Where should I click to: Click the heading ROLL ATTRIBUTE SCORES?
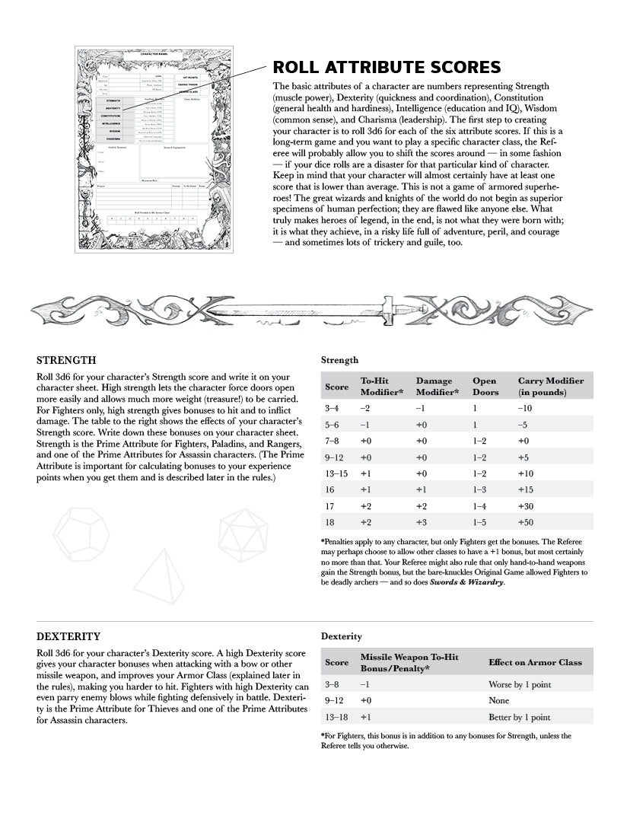coord(387,68)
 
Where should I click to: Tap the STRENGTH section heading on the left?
coord(66,360)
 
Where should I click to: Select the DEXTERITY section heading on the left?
coord(68,636)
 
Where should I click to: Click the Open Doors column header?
coord(485,387)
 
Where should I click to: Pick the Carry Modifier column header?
coord(551,387)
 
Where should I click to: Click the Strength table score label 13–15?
coord(337,473)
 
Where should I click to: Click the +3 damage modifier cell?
coord(422,523)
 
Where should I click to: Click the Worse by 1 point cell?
coord(520,684)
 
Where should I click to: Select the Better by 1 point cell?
coord(519,717)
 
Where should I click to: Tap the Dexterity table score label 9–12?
coord(336,700)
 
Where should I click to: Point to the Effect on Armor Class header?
coord(535,662)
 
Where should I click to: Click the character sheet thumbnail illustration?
coord(154,149)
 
